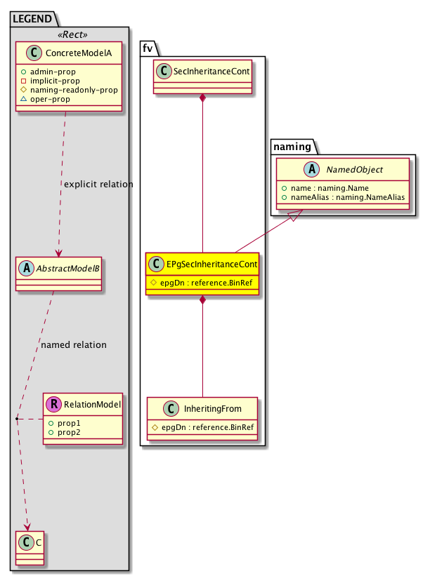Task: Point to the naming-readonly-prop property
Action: click(x=79, y=90)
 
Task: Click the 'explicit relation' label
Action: click(x=98, y=184)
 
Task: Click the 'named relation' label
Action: click(x=74, y=344)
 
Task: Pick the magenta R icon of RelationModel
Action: click(x=54, y=404)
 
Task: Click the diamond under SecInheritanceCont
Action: click(x=202, y=98)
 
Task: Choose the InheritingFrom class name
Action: click(x=210, y=408)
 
